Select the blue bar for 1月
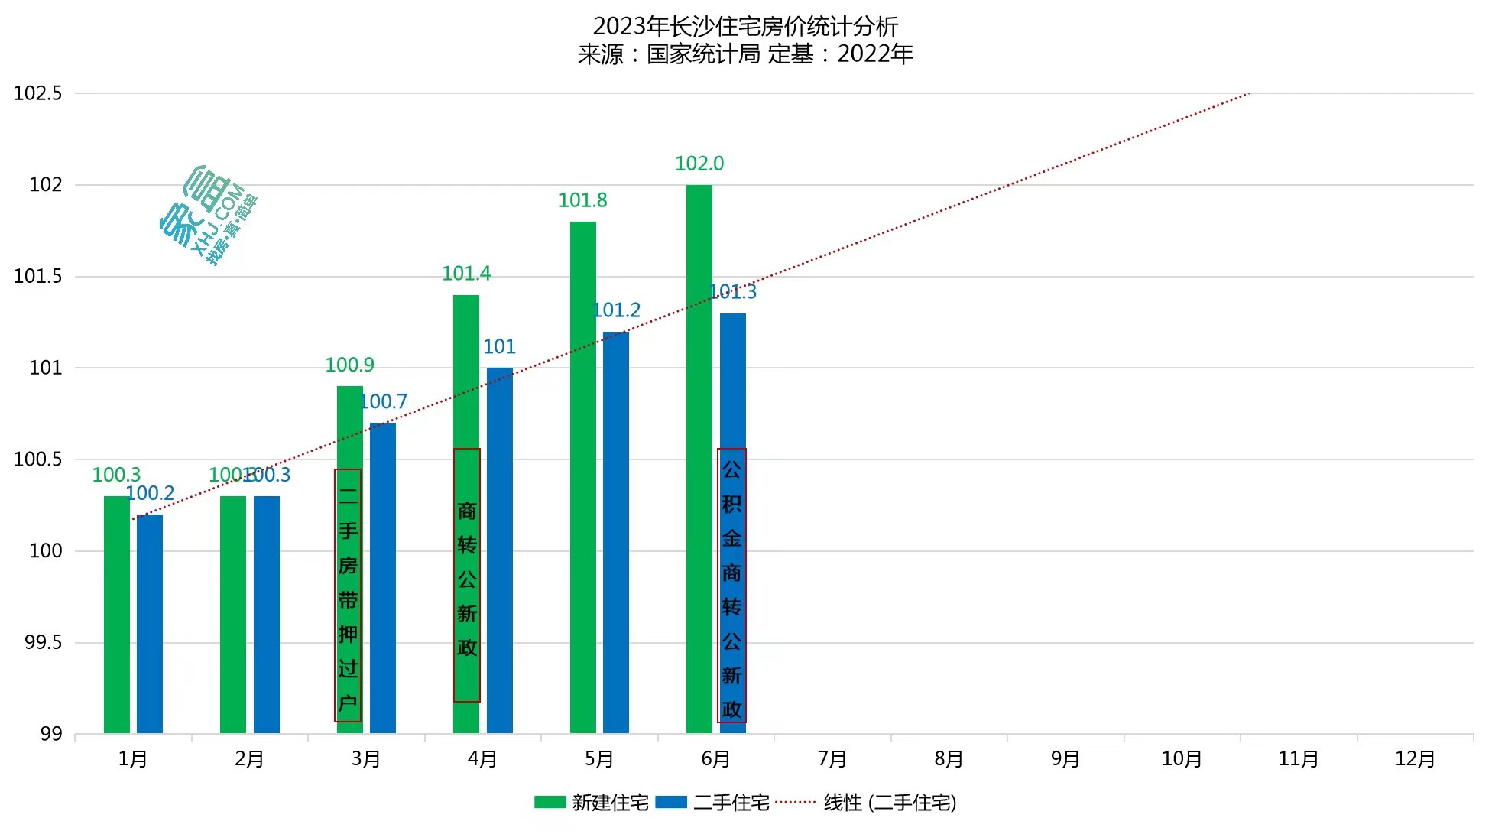pos(150,623)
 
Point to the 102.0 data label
pos(699,164)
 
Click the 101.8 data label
pos(582,200)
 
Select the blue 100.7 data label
pos(384,402)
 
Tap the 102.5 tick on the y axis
pos(37,93)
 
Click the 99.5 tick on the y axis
pos(43,642)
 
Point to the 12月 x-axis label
pos(1415,759)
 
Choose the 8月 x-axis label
pos(949,759)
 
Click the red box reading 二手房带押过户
pos(348,595)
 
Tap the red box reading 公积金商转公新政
pos(731,585)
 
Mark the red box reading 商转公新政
pos(467,575)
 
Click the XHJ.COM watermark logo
pos(208,215)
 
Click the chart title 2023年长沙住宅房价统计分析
pos(745,27)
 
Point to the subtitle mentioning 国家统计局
pos(745,54)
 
